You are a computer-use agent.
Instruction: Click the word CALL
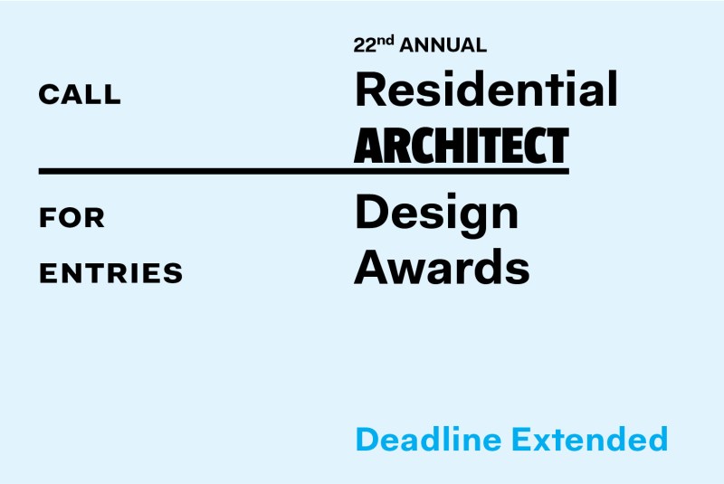click(80, 95)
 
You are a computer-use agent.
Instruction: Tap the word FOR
click(72, 218)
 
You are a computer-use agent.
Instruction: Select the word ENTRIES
click(110, 272)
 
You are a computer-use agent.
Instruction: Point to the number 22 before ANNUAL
click(365, 45)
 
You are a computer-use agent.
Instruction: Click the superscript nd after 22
click(386, 41)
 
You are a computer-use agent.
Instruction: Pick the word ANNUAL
click(443, 45)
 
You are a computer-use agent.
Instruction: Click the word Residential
click(486, 89)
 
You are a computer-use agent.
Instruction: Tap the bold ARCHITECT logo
click(462, 146)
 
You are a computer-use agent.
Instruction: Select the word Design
click(437, 215)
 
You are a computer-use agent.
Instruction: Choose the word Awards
click(442, 266)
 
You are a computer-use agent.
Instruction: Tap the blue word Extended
click(590, 439)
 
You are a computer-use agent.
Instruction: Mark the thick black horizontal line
click(304, 171)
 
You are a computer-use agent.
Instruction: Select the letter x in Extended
click(547, 442)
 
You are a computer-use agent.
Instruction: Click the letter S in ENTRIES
click(173, 272)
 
